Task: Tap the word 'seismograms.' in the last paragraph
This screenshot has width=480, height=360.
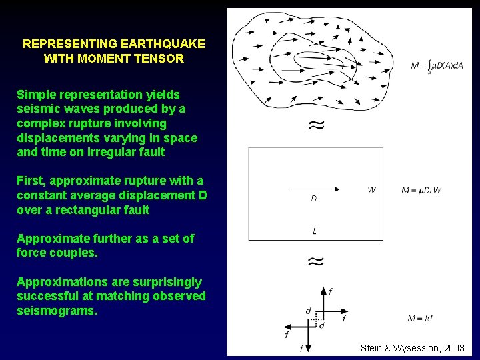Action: pos(57,311)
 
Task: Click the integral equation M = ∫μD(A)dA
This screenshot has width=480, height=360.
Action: pos(437,65)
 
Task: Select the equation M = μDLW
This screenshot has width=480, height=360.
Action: pos(421,191)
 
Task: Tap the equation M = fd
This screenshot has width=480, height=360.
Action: pos(419,318)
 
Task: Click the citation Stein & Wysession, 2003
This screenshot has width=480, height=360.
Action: pos(413,348)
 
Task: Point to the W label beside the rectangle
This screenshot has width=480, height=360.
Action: pos(371,190)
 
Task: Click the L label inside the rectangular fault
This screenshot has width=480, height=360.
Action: pos(315,231)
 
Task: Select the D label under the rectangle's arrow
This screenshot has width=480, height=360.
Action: pos(314,199)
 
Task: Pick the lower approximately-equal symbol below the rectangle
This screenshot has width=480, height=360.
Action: pos(316,261)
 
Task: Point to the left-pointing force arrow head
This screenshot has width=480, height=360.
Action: pos(288,326)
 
